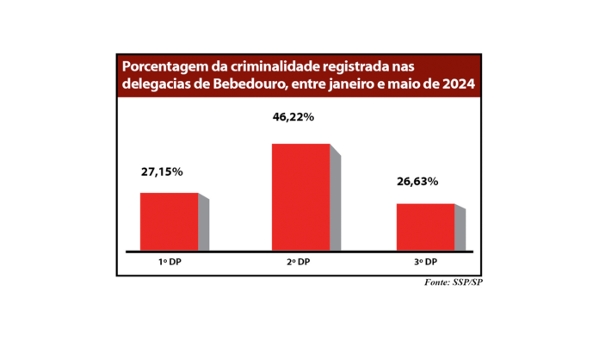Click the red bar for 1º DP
169,221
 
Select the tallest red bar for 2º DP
300,197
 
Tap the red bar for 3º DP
425,227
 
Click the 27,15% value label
162,172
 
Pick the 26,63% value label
417,182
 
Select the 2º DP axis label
298,262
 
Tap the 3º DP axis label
425,262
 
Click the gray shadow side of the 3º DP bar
460,231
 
